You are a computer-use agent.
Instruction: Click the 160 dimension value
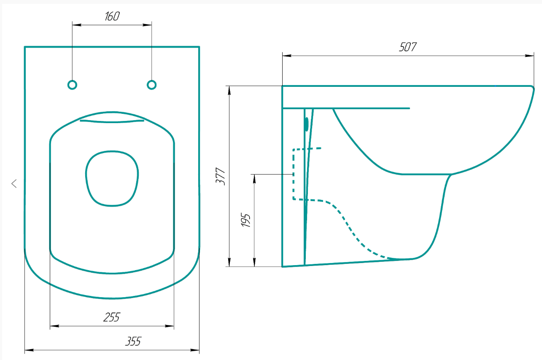[x=112, y=16]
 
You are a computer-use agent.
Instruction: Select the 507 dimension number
[x=408, y=47]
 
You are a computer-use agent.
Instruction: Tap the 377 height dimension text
[x=221, y=177]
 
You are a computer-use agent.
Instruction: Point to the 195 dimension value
[x=245, y=220]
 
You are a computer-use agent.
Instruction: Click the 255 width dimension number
[x=111, y=317]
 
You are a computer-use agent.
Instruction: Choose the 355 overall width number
[x=133, y=341]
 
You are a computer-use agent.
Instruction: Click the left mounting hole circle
[x=72, y=85]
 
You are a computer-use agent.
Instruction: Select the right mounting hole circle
[x=151, y=85]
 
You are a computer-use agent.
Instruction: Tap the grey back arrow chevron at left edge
[x=14, y=183]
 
